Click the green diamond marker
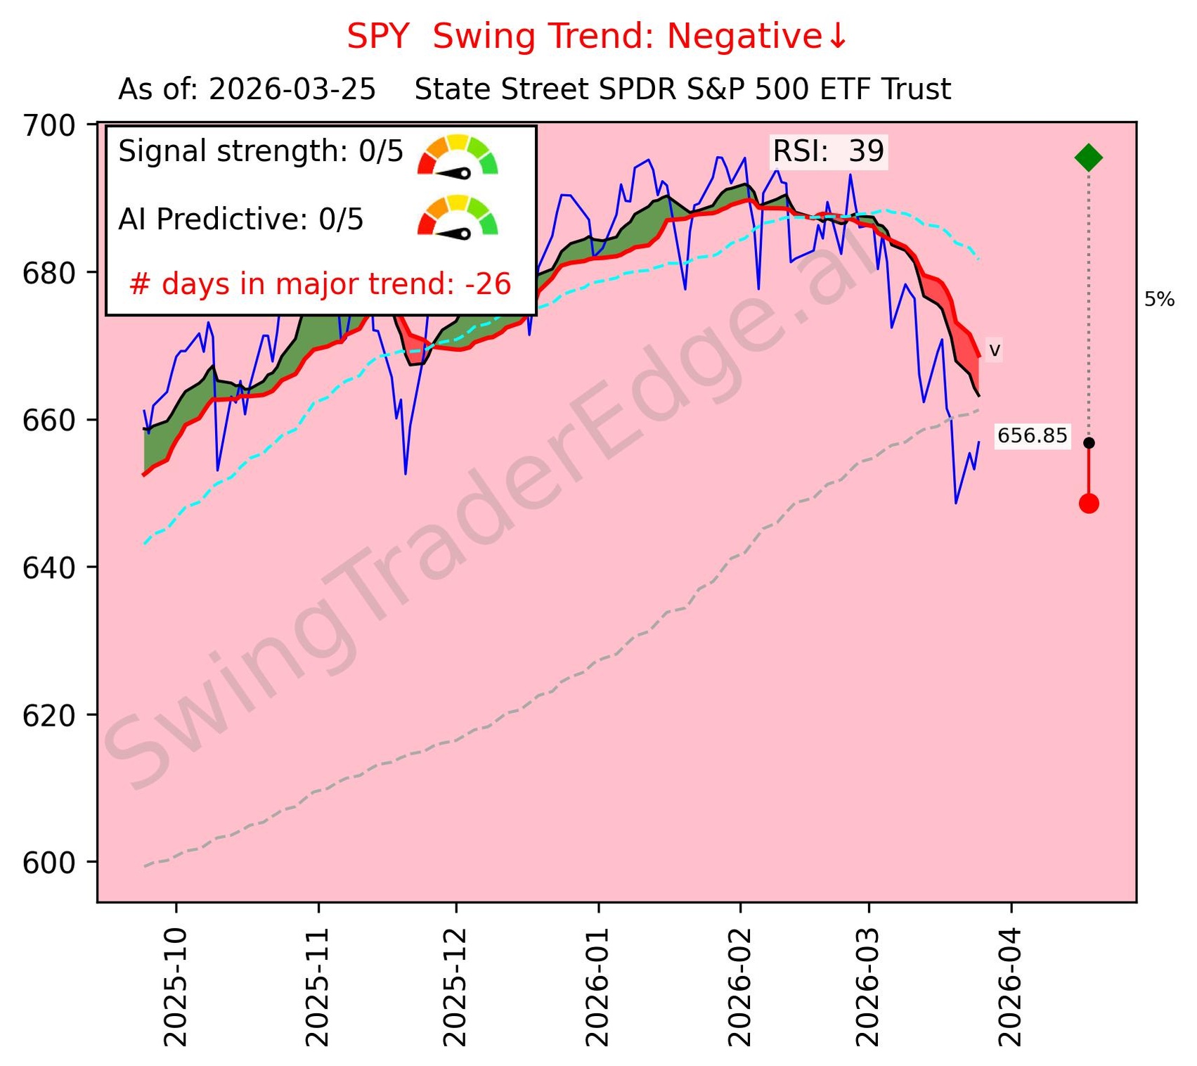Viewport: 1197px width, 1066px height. click(x=1088, y=158)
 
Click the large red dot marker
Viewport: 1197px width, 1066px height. click(x=1088, y=503)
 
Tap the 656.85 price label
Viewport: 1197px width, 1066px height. click(x=1032, y=436)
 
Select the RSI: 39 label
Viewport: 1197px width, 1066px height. click(x=828, y=151)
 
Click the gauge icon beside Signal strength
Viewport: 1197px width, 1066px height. click(x=458, y=155)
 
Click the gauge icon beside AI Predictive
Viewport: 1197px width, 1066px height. click(x=458, y=217)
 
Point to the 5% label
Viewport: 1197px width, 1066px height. click(x=1159, y=300)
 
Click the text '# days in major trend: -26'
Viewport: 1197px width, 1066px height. click(x=321, y=284)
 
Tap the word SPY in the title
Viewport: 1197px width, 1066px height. click(x=377, y=37)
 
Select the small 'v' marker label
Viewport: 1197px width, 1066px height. click(x=995, y=349)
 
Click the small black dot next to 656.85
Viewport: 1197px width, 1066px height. click(x=1088, y=443)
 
